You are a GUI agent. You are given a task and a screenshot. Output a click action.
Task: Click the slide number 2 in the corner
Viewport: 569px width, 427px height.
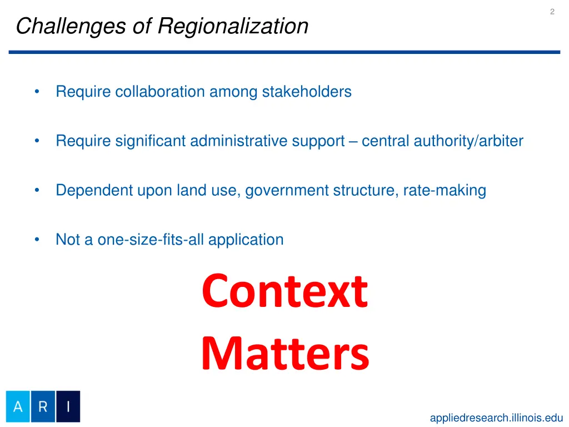[x=552, y=12]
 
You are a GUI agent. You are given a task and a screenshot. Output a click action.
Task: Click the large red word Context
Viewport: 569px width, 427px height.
[x=284, y=292]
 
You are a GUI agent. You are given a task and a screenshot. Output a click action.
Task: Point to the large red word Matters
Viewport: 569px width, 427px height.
[x=284, y=354]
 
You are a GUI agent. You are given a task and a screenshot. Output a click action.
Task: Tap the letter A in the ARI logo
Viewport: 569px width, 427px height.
[x=18, y=406]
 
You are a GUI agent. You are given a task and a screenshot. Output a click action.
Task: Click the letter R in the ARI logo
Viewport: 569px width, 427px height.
[x=43, y=406]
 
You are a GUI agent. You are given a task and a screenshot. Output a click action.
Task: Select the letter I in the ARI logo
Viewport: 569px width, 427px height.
[x=68, y=406]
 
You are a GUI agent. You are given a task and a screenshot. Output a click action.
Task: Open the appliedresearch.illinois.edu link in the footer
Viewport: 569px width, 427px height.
[x=496, y=418]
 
